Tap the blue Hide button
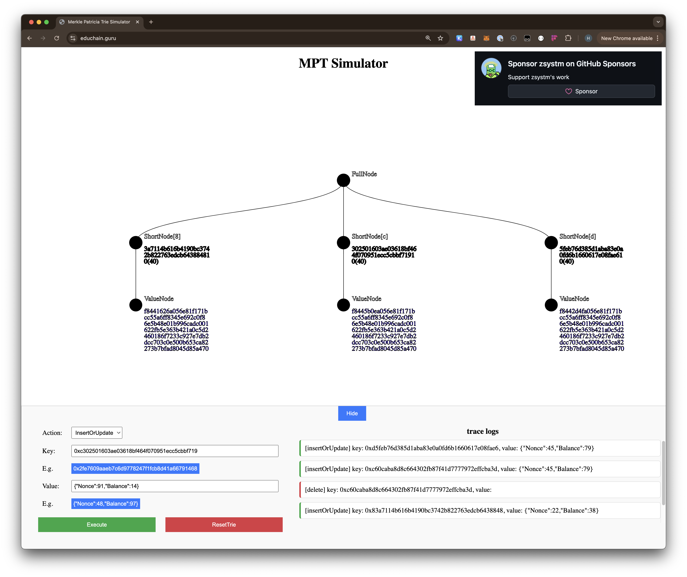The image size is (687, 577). point(352,413)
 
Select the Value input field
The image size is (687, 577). point(175,486)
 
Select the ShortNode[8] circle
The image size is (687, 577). point(136,243)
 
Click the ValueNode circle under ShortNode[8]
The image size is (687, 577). point(136,305)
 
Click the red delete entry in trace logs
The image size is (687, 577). point(480,490)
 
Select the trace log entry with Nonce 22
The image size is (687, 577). point(480,510)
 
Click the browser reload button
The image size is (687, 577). point(57,38)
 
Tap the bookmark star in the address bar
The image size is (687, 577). point(440,38)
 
